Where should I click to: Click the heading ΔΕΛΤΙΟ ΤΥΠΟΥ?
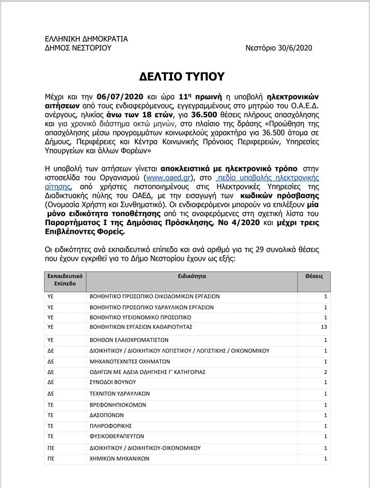(x=185, y=76)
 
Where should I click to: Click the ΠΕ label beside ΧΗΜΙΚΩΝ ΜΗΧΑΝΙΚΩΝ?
(x=51, y=459)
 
